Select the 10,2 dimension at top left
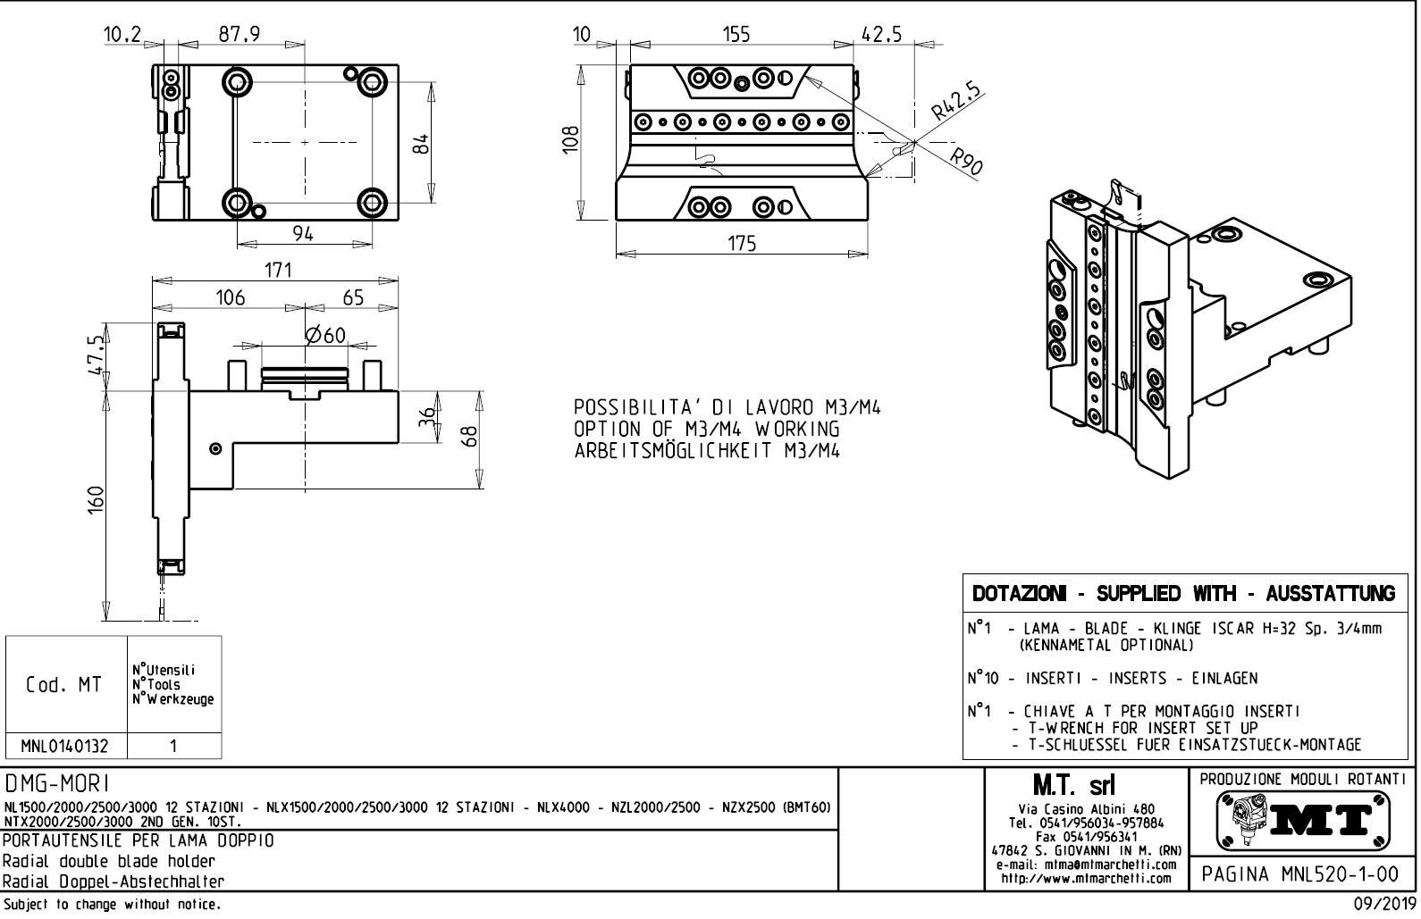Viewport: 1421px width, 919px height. pyautogui.click(x=122, y=34)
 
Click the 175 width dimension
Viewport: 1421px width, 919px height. pyautogui.click(x=742, y=243)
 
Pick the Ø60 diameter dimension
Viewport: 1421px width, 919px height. pyautogui.click(x=324, y=335)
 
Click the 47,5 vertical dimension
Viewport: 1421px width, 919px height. pyautogui.click(x=97, y=355)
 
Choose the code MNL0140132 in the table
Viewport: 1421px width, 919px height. pyautogui.click(x=66, y=746)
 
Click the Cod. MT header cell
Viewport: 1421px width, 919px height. pyautogui.click(x=64, y=685)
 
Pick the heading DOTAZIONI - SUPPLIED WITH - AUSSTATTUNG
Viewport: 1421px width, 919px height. pyautogui.click(x=1183, y=594)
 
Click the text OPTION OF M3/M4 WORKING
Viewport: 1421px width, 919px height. pyautogui.click(x=706, y=430)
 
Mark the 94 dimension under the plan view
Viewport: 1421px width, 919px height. pyautogui.click(x=303, y=233)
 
